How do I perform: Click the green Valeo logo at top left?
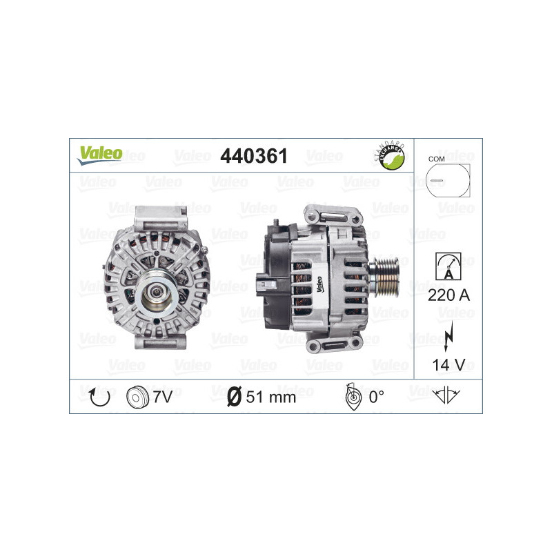pos(99,155)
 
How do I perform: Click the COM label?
pos(436,159)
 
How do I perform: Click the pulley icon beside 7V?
pos(138,396)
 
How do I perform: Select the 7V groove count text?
pos(163,396)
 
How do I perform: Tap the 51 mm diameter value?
pos(270,397)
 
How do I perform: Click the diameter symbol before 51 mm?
pos(234,397)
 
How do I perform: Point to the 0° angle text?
pos(376,396)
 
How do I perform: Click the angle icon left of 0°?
pos(352,396)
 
